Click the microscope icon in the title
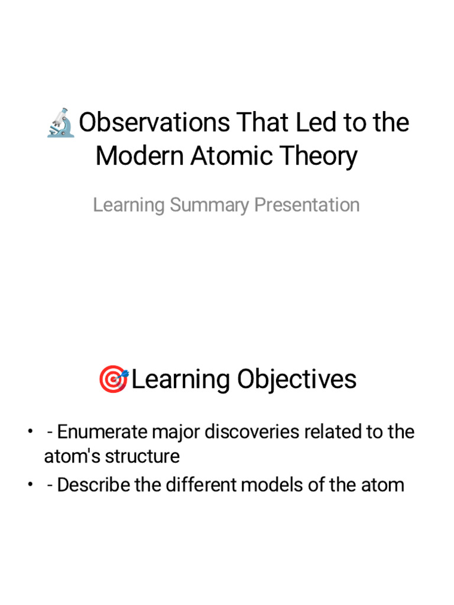click(x=61, y=123)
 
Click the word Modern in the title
click(x=140, y=157)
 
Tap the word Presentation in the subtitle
click(x=307, y=205)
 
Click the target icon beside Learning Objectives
click(x=113, y=379)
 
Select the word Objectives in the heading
click(x=297, y=379)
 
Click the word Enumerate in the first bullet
click(x=102, y=432)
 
